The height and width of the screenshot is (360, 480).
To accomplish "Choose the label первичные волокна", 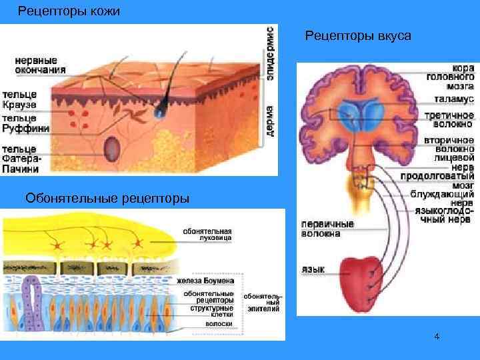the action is [x=327, y=229].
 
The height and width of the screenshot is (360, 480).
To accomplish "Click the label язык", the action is [x=313, y=269].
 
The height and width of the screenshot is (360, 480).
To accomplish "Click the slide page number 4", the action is [x=436, y=337].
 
